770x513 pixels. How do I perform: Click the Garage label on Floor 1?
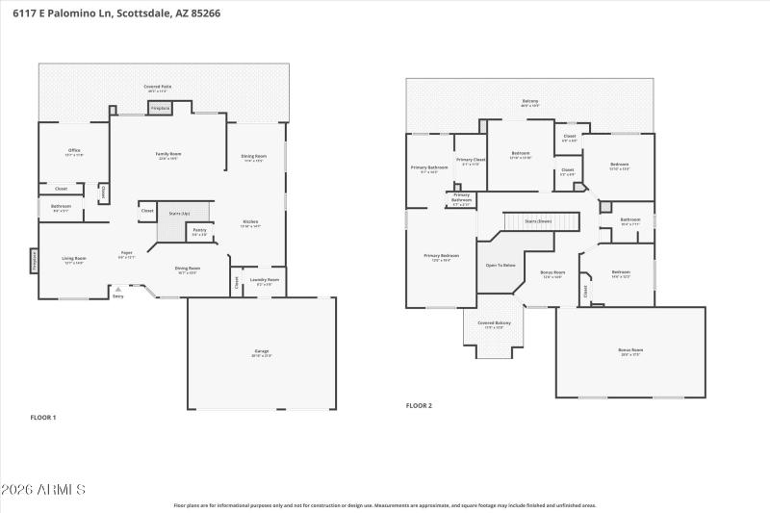tap(262, 351)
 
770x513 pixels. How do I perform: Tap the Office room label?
tap(74, 151)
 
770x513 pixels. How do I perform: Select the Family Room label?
tap(169, 154)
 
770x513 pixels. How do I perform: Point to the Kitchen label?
tap(249, 222)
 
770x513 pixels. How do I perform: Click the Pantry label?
tap(199, 230)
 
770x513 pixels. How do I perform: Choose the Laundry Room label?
tap(264, 280)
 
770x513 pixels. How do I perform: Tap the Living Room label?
tap(74, 258)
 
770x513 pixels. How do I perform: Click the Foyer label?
tap(126, 254)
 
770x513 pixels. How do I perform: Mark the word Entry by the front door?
tap(118, 296)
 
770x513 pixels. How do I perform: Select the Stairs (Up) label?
tap(179, 213)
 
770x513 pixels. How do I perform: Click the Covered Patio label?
tap(159, 87)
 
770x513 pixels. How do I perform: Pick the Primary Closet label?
tap(471, 160)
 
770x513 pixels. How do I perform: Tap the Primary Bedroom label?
tap(442, 255)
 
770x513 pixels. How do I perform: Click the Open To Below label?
tap(500, 265)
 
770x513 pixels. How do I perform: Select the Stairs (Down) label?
tap(538, 220)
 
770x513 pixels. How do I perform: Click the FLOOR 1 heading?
tap(43, 417)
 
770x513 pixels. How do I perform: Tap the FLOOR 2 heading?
tap(419, 405)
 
